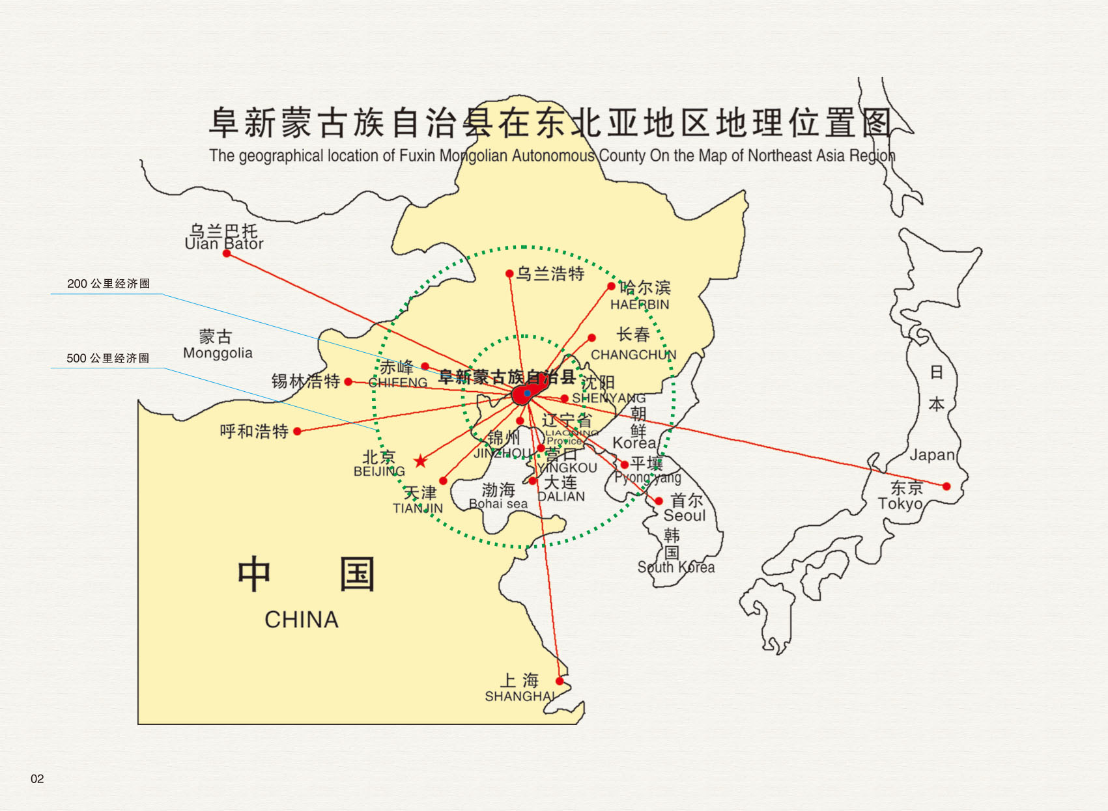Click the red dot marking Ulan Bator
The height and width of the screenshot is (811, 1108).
coord(227,253)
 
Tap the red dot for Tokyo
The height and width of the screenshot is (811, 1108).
coord(946,486)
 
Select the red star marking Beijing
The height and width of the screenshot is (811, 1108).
coord(421,461)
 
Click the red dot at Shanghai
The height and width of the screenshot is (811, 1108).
coord(560,681)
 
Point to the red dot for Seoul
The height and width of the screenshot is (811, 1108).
coord(659,501)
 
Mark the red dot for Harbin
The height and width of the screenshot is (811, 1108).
coord(611,286)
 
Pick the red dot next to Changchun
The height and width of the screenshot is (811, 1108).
coord(591,338)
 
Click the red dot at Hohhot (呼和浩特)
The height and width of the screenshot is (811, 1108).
coord(297,431)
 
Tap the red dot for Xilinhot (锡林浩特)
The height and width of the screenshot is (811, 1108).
coord(348,381)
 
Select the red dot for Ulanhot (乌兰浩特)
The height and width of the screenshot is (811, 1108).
coord(509,274)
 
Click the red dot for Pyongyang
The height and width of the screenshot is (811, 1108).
coord(625,465)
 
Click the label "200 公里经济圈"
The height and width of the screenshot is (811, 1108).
coord(108,284)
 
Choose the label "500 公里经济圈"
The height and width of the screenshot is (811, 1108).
coord(107,359)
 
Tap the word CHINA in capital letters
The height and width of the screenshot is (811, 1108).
coord(301,620)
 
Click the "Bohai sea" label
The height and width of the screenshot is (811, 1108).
coord(498,504)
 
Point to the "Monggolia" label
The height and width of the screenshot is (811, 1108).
coord(218,353)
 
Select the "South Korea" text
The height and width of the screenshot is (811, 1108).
coord(675,568)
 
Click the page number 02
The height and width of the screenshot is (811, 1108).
coord(37,779)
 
